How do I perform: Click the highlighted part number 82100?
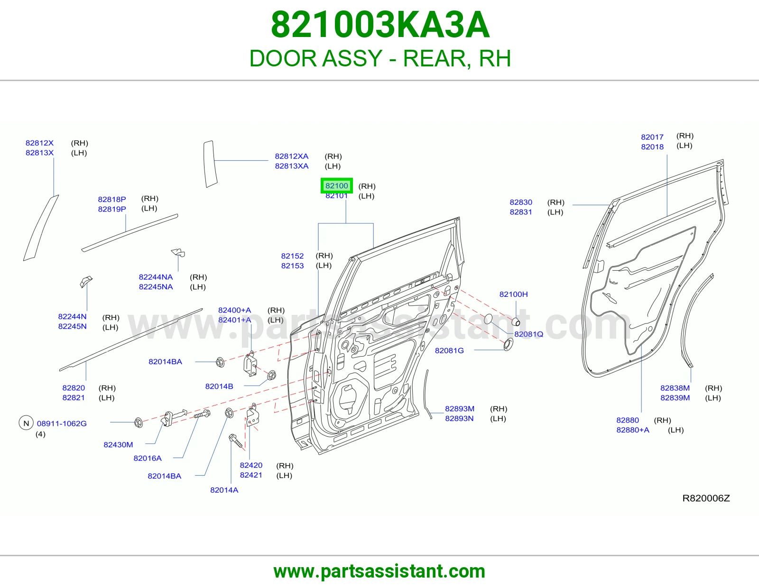[x=337, y=186]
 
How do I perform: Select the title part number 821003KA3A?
[x=380, y=25]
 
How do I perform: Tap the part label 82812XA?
[x=292, y=156]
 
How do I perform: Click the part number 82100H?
[x=513, y=294]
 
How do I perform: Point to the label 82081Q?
[x=528, y=334]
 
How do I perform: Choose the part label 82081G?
[x=449, y=350]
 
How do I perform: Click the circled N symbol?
[x=26, y=423]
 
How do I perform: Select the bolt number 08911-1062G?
[x=62, y=423]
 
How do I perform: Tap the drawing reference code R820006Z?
[x=706, y=498]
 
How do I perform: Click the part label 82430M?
[x=118, y=444]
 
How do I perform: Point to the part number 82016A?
[x=148, y=458]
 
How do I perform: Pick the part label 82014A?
[x=224, y=490]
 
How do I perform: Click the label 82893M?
[x=460, y=409]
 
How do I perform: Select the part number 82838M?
[x=675, y=388]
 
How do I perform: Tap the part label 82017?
[x=652, y=137]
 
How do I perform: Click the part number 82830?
[x=521, y=202]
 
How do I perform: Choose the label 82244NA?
[x=156, y=277]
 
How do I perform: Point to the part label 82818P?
[x=112, y=199]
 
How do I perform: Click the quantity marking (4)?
[x=40, y=434]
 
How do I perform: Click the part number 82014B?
[x=219, y=386]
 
